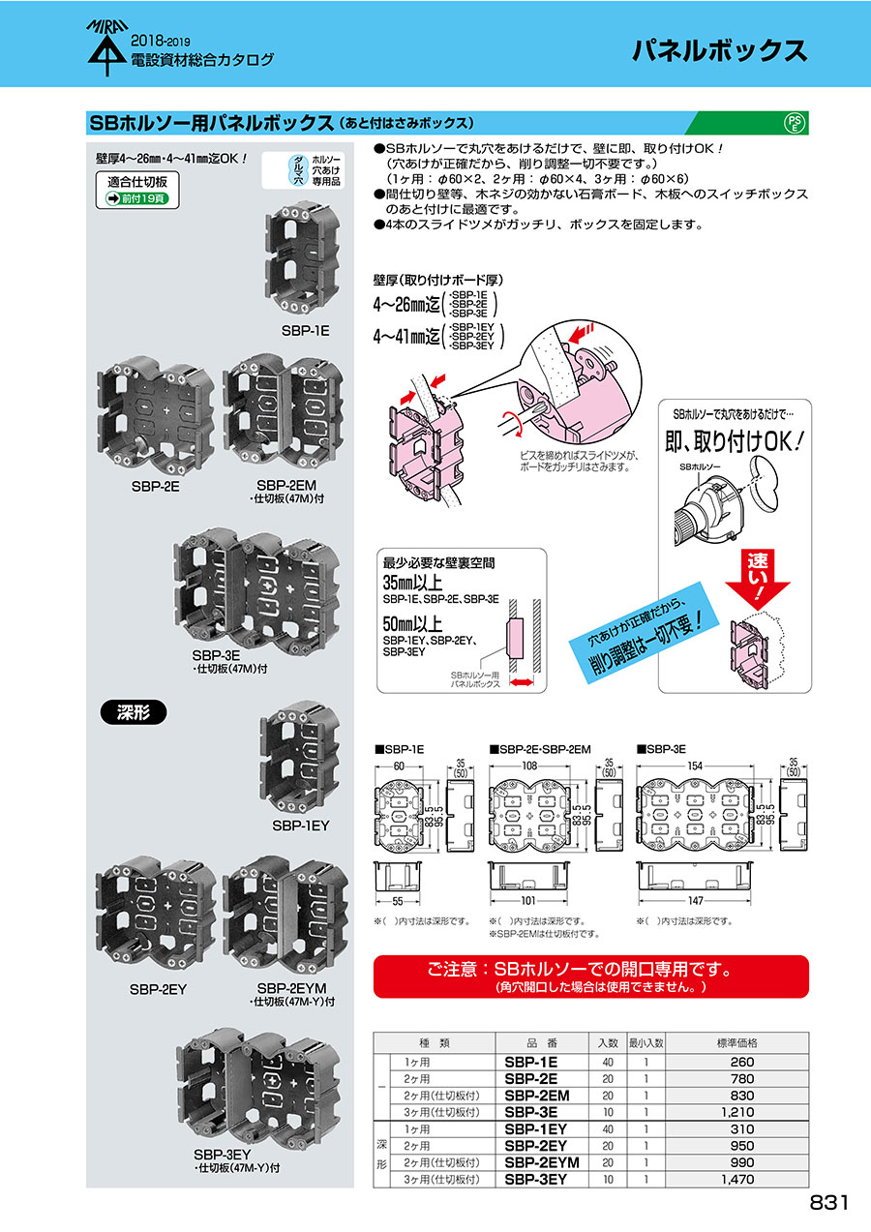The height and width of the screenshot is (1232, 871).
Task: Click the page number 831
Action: tap(828, 1202)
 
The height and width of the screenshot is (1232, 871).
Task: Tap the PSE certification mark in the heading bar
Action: tap(793, 123)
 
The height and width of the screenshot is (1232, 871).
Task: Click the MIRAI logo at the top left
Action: tap(103, 48)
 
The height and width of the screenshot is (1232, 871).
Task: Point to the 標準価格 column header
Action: tap(737, 1043)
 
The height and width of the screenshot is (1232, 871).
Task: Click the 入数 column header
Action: tap(607, 1043)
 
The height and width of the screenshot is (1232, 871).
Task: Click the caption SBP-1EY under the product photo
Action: tap(301, 826)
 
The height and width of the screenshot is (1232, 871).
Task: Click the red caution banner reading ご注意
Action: tap(590, 976)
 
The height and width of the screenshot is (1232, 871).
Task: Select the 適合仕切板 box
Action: tap(137, 188)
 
